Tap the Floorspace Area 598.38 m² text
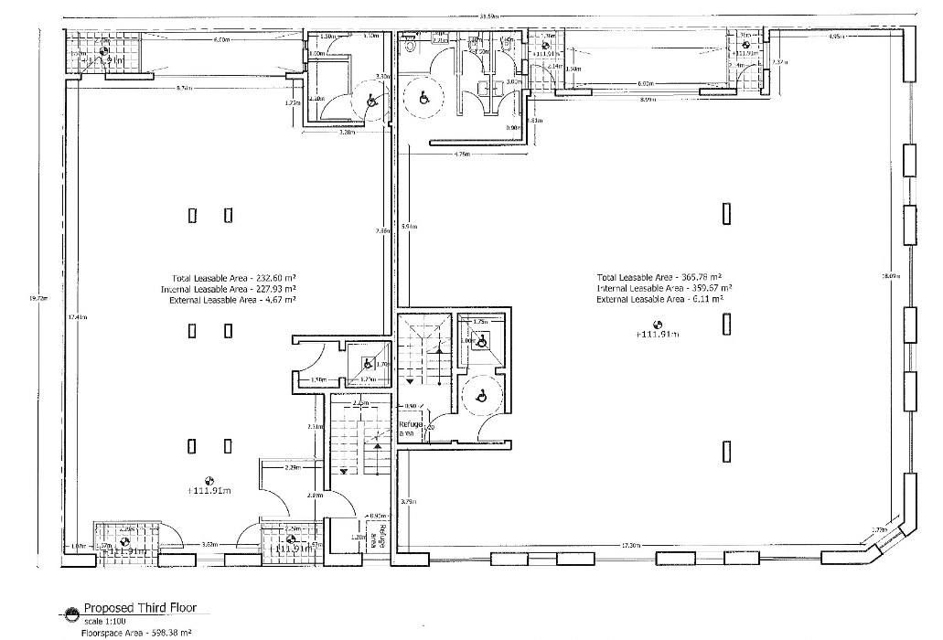pos(137,632)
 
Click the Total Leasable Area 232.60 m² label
pos(237,277)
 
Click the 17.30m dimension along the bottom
pos(629,546)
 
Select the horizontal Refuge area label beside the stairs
pos(409,429)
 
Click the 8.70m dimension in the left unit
pos(184,88)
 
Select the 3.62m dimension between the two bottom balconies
pos(209,545)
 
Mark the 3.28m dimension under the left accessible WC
pos(347,133)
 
